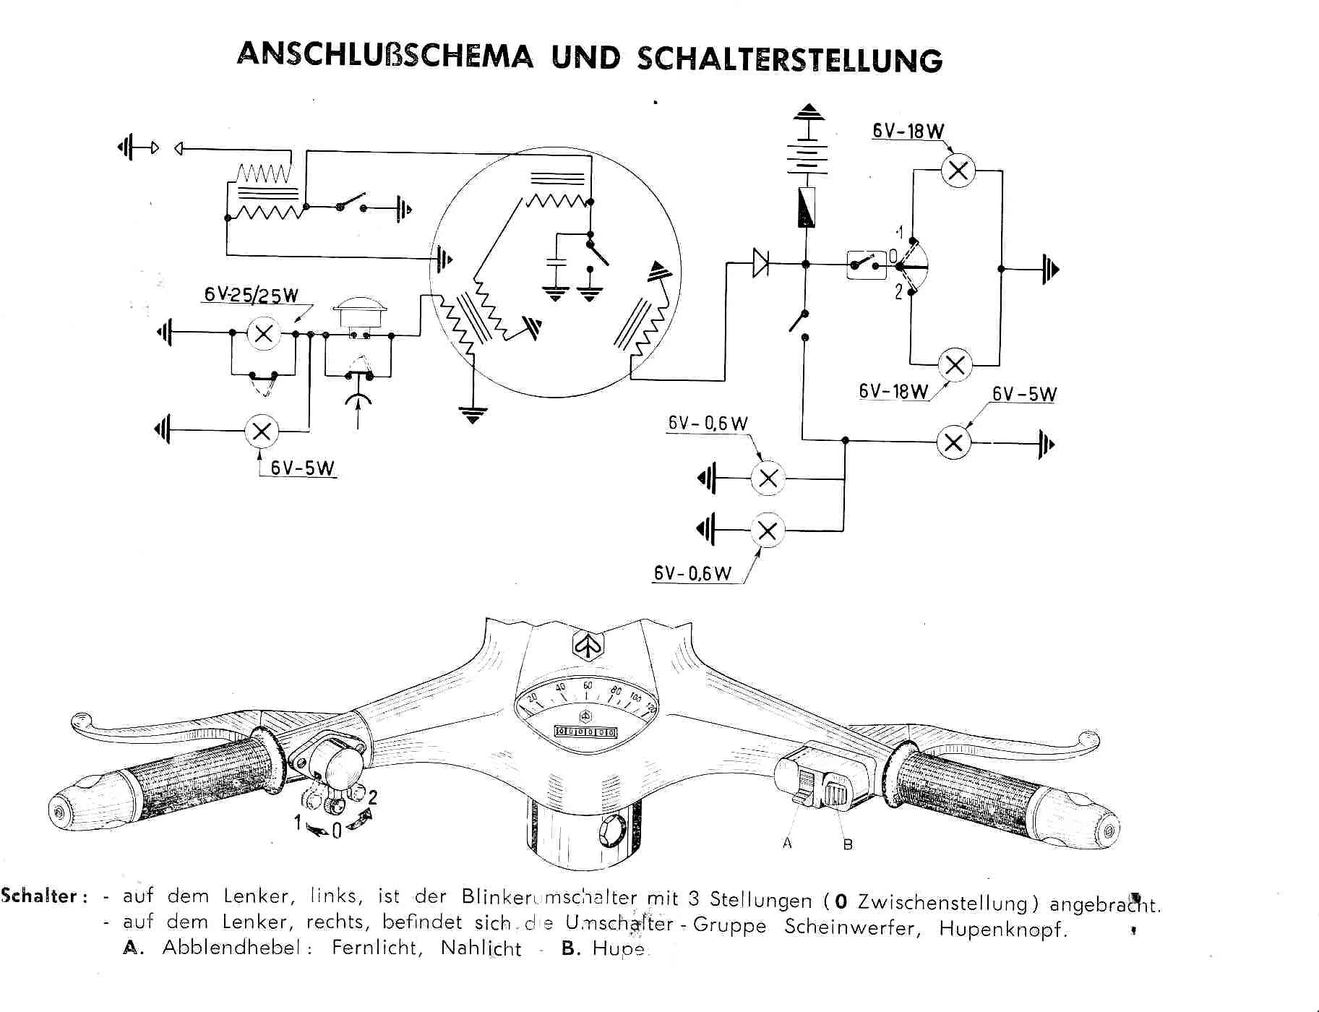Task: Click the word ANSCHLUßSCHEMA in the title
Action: [x=384, y=55]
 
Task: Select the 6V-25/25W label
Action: [x=251, y=294]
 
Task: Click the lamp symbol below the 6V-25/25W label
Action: [x=264, y=333]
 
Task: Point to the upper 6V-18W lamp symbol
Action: [x=958, y=171]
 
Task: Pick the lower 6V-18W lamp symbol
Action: [x=955, y=364]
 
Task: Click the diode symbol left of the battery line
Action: [x=760, y=263]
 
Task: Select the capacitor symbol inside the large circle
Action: [x=555, y=262]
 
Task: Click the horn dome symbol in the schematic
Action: [x=359, y=313]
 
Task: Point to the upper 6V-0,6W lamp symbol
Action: [x=768, y=478]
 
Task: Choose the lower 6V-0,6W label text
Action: [x=692, y=573]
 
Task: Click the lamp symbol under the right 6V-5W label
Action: [x=953, y=442]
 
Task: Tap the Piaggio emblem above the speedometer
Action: [x=588, y=644]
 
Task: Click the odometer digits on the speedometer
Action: [x=585, y=732]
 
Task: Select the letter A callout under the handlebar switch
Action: [x=787, y=843]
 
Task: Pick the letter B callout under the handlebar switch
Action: [x=848, y=844]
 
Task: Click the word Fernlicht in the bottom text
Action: [x=377, y=947]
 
